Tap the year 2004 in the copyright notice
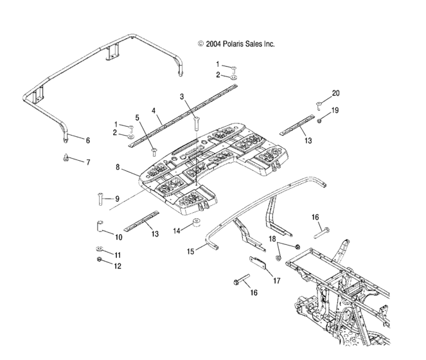213,44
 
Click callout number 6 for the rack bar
88,139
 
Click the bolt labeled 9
101,199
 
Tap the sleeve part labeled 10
98,226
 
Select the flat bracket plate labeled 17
257,264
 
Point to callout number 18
272,239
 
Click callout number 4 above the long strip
154,110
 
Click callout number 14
175,229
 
